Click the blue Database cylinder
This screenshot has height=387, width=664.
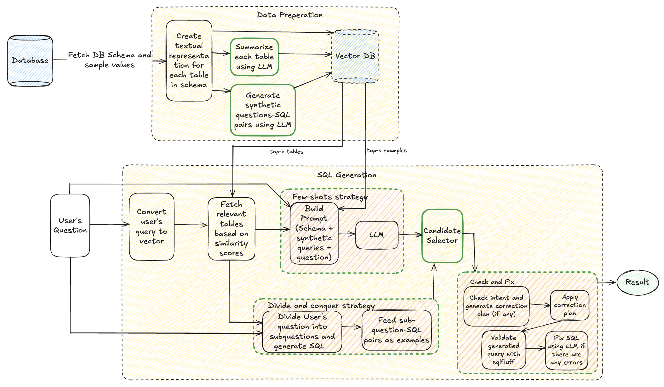click(30, 60)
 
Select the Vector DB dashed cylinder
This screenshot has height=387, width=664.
click(355, 56)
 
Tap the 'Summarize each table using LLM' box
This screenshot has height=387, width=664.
click(254, 57)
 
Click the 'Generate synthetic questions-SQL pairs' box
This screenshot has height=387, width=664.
click(262, 110)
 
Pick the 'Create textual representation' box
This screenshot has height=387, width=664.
click(189, 61)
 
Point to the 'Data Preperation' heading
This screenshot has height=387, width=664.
click(290, 15)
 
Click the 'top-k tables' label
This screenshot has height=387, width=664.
click(286, 152)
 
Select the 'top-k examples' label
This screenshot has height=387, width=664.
click(387, 150)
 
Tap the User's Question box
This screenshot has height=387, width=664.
click(70, 225)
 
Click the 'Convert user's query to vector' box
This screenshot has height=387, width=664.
click(152, 227)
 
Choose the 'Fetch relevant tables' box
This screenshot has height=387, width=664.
click(231, 228)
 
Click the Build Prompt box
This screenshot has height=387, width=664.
click(314, 233)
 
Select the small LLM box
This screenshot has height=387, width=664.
click(377, 235)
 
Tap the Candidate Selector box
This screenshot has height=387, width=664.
click(442, 236)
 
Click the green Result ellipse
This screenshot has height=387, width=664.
click(638, 282)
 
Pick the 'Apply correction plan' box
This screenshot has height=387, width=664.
click(570, 305)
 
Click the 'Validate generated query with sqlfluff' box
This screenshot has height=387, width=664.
click(503, 350)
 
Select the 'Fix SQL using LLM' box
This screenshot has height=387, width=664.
click(566, 350)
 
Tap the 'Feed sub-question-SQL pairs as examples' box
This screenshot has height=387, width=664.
click(397, 330)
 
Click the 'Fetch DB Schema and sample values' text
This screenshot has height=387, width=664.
click(109, 60)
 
